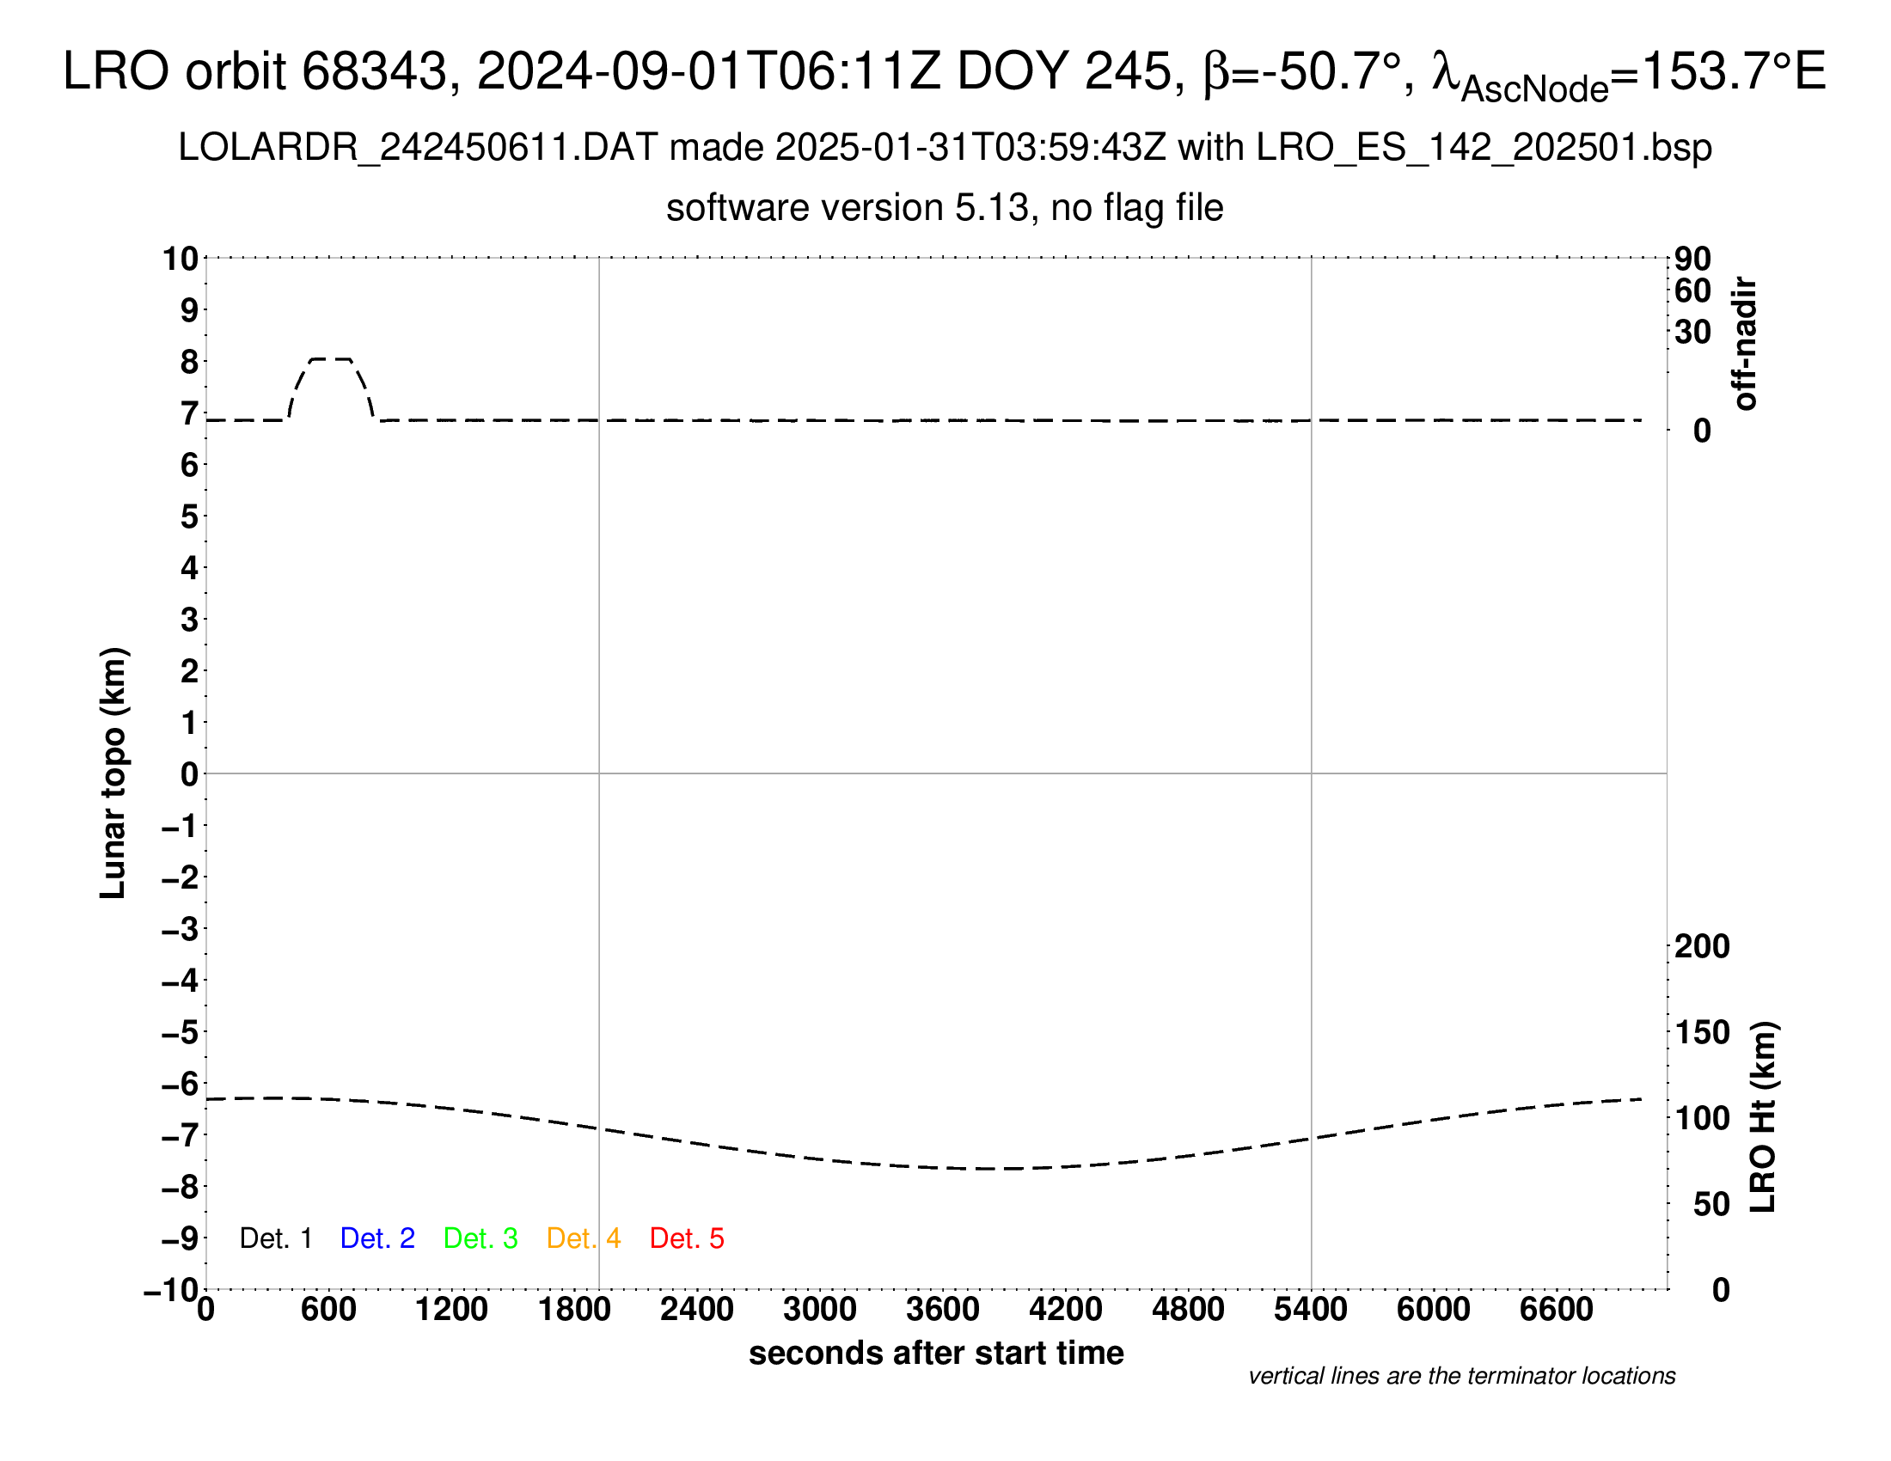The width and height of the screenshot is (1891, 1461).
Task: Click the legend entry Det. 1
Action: (x=275, y=1238)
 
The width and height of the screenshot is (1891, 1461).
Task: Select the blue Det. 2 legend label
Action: (x=377, y=1238)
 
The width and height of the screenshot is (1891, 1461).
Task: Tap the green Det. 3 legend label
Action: (x=480, y=1238)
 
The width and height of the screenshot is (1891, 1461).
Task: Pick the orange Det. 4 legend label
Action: (x=584, y=1238)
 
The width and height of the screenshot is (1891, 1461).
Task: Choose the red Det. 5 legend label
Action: (x=687, y=1238)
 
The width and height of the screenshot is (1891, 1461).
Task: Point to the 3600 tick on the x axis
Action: (x=943, y=1310)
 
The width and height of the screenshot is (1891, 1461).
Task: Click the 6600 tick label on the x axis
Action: (x=1556, y=1310)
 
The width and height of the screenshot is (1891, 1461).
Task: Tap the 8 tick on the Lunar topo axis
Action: (x=189, y=362)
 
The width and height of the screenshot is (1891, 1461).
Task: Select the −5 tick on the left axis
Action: (x=181, y=1032)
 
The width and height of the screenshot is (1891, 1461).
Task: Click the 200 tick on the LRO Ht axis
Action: (x=1702, y=946)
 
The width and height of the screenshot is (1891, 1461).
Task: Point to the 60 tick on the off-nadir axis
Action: (x=1692, y=290)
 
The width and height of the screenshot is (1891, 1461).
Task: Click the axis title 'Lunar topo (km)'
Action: (x=113, y=773)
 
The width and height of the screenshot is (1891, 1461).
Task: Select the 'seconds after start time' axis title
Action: (x=936, y=1354)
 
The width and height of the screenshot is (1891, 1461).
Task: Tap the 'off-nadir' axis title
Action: (x=1745, y=344)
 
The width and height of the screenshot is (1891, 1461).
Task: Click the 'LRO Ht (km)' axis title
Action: (x=1763, y=1117)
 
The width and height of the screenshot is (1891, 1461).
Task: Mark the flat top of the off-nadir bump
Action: (x=331, y=359)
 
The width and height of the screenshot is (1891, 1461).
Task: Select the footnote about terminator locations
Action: (x=1461, y=1376)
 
